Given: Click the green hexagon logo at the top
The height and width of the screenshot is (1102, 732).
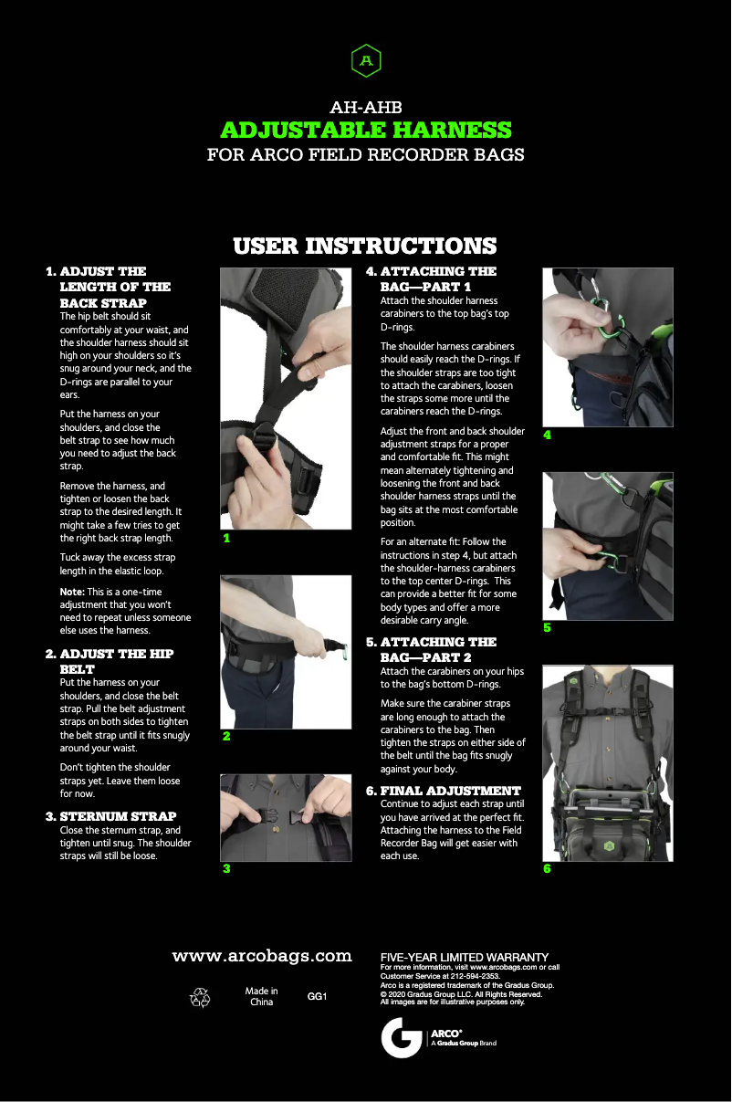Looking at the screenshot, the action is click(x=366, y=60).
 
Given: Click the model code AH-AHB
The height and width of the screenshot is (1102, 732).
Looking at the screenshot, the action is click(x=366, y=107).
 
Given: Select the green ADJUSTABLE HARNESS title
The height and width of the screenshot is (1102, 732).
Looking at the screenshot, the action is click(x=366, y=130).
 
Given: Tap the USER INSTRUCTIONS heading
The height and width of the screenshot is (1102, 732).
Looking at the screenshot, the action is click(x=365, y=246).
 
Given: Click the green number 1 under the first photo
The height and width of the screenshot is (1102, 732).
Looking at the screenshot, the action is click(x=226, y=538).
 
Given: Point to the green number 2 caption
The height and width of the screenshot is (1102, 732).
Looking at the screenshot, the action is click(x=226, y=736).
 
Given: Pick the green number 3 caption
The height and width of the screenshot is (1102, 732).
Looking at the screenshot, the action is click(x=226, y=868).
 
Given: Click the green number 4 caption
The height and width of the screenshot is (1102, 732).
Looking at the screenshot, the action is click(x=547, y=435).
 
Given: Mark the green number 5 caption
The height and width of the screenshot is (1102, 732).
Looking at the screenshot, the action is click(x=547, y=628).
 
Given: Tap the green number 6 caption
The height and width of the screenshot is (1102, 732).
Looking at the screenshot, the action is click(x=547, y=868).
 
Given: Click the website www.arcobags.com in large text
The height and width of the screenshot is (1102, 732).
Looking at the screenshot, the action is click(x=262, y=956).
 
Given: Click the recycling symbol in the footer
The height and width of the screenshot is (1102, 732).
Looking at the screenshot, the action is click(x=200, y=997).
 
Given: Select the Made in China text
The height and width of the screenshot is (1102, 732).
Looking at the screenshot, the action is click(x=261, y=996).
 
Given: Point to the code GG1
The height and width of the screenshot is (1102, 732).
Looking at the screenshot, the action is click(x=317, y=996).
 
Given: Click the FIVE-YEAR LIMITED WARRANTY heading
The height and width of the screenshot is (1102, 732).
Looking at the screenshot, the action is click(x=465, y=958).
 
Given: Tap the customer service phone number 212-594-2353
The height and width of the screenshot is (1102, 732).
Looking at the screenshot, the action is click(x=476, y=976).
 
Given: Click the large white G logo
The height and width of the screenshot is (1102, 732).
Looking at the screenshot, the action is click(x=402, y=1037).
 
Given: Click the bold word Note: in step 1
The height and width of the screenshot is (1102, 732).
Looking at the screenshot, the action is click(x=72, y=592).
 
